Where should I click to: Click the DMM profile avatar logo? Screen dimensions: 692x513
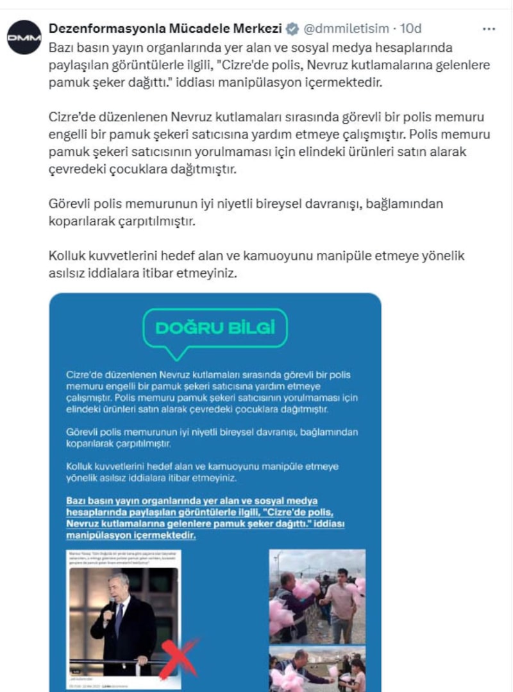pos(24,37)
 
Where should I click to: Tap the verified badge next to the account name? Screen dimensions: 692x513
pos(292,29)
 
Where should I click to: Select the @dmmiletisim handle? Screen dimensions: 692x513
pos(346,29)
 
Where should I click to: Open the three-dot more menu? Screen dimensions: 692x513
pos(488,29)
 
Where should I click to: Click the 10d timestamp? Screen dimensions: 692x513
pos(410,29)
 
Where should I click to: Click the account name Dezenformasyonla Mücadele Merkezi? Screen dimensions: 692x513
pos(165,29)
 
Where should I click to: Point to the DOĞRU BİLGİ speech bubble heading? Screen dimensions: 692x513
pos(215,328)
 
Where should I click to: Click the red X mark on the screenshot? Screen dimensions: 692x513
pos(179,658)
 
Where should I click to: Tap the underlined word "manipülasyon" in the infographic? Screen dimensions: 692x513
pos(96,534)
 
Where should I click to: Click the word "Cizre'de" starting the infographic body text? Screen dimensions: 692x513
pos(84,375)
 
